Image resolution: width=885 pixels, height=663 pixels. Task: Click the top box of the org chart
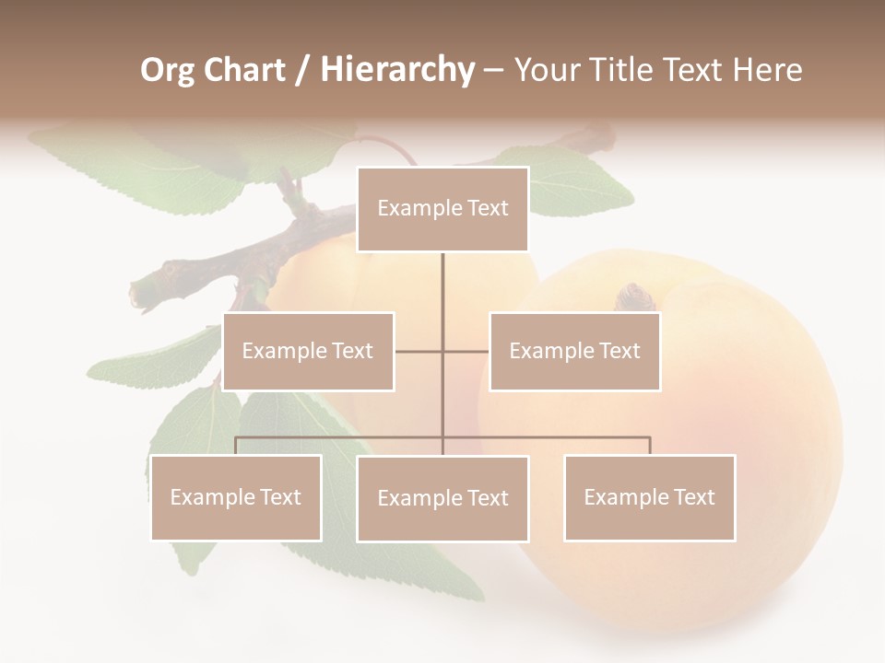pyautogui.click(x=442, y=209)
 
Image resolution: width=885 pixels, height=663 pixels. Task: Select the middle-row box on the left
pyautogui.click(x=308, y=351)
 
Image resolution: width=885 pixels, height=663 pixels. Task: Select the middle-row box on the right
pyautogui.click(x=574, y=351)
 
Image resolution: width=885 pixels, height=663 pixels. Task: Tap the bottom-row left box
pyautogui.click(x=236, y=497)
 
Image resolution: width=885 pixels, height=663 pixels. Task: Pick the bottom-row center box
pyautogui.click(x=442, y=498)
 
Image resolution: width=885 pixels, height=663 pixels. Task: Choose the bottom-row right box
pyautogui.click(x=649, y=497)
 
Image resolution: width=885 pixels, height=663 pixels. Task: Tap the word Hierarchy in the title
pyautogui.click(x=396, y=70)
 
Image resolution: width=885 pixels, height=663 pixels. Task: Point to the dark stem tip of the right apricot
pyautogui.click(x=634, y=297)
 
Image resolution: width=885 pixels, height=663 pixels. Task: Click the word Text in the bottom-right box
pyautogui.click(x=694, y=497)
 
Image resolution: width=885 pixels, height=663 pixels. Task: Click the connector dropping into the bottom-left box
pyautogui.click(x=236, y=446)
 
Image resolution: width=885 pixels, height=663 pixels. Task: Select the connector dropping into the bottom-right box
pyautogui.click(x=649, y=446)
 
